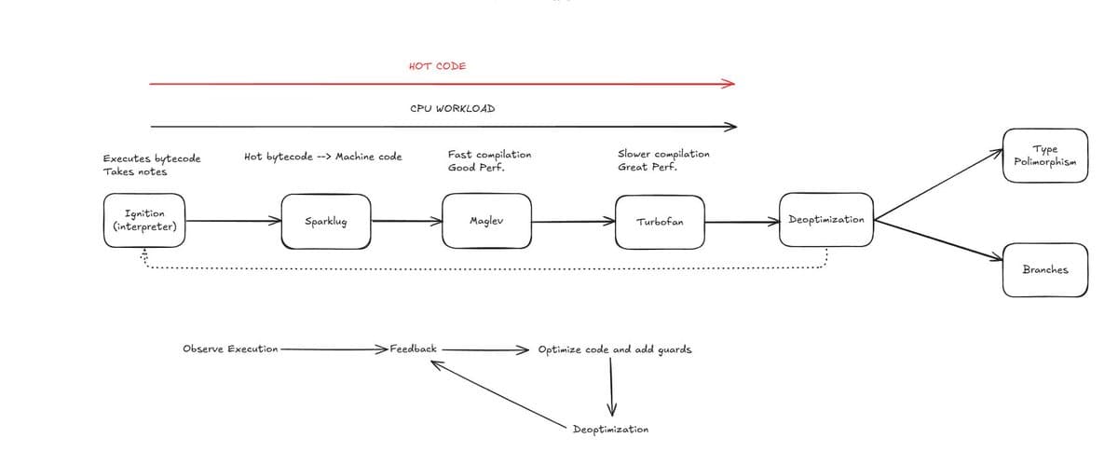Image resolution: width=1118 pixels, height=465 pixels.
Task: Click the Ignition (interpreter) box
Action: click(x=144, y=220)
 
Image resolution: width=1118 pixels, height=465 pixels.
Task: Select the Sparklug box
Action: click(x=326, y=221)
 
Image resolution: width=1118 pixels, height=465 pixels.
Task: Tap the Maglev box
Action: click(x=486, y=221)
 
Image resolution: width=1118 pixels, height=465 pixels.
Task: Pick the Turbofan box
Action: click(x=660, y=222)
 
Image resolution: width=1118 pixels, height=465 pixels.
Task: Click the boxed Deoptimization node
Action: click(x=826, y=220)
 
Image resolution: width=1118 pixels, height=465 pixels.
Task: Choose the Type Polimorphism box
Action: click(x=1045, y=156)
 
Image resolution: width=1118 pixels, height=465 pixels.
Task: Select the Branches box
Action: click(x=1045, y=269)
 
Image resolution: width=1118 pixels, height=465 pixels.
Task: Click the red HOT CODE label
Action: click(x=438, y=66)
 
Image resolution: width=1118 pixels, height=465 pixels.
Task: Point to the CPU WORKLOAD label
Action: click(x=453, y=108)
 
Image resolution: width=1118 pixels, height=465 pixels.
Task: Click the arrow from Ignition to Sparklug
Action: click(x=234, y=221)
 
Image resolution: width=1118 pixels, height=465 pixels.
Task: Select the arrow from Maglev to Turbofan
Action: click(x=574, y=221)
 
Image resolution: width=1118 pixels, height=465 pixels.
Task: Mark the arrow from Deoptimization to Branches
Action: click(x=938, y=240)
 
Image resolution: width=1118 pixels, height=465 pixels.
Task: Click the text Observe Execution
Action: click(x=230, y=349)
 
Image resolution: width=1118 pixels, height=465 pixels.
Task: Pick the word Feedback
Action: click(x=414, y=349)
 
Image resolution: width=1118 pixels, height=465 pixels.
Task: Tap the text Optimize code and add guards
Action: click(x=615, y=349)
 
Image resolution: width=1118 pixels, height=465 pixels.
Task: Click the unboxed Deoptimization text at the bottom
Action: click(x=610, y=429)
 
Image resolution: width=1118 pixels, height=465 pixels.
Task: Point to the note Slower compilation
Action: click(x=663, y=154)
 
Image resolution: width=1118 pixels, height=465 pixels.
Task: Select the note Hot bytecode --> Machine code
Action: click(x=323, y=157)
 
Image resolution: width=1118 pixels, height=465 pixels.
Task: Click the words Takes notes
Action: click(x=135, y=171)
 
